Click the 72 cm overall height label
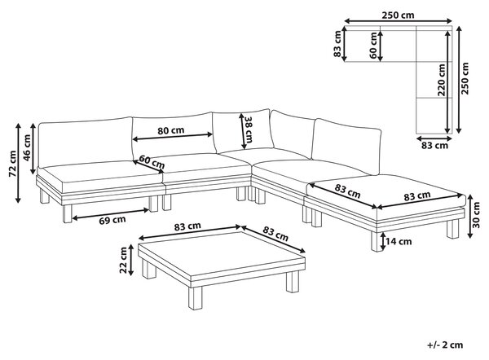point(13,164)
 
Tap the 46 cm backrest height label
point(27,147)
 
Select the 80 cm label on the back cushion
point(170,130)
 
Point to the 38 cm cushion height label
point(249,130)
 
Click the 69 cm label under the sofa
point(112,220)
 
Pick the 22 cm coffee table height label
point(124,260)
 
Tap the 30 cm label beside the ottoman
point(476,215)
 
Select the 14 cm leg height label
point(399,241)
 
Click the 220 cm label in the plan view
point(441,80)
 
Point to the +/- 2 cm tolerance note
point(445,345)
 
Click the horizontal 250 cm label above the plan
point(399,15)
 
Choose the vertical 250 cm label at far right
point(465,78)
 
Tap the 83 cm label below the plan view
point(434,145)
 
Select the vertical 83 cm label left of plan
point(337,44)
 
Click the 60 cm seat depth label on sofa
point(152,162)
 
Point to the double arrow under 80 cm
point(173,137)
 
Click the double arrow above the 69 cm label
point(111,214)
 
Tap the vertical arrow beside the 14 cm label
point(383,242)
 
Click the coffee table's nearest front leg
point(196,298)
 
